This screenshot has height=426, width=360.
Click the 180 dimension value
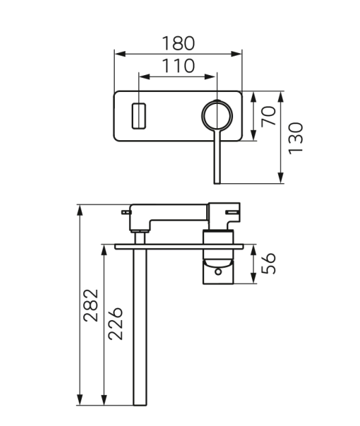[x=179, y=44]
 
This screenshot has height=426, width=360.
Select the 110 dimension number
[x=179, y=66]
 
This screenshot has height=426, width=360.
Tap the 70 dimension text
[x=269, y=116]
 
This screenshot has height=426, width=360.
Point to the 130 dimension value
[x=296, y=138]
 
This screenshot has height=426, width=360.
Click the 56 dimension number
[x=269, y=263]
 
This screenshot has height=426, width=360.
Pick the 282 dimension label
[x=91, y=306]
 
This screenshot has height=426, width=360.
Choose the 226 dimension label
[x=116, y=324]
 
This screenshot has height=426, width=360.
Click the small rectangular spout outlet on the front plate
[x=139, y=116]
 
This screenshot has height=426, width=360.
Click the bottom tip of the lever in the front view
[x=217, y=183]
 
